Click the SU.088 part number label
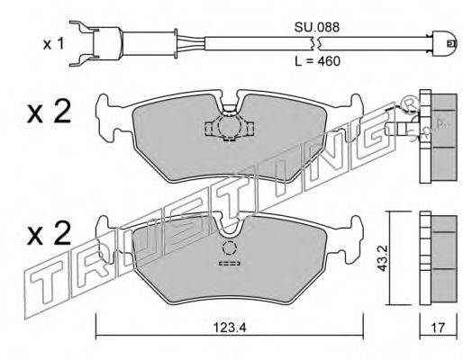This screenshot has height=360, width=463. pyautogui.click(x=317, y=28)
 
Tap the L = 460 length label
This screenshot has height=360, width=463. pyautogui.click(x=318, y=61)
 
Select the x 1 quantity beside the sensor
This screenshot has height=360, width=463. pyautogui.click(x=54, y=44)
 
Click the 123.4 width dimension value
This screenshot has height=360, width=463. pyautogui.click(x=230, y=328)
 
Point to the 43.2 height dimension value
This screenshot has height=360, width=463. pyautogui.click(x=383, y=258)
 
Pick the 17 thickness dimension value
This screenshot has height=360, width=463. pyautogui.click(x=438, y=328)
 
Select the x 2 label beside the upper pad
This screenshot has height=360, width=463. pyautogui.click(x=50, y=112)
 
